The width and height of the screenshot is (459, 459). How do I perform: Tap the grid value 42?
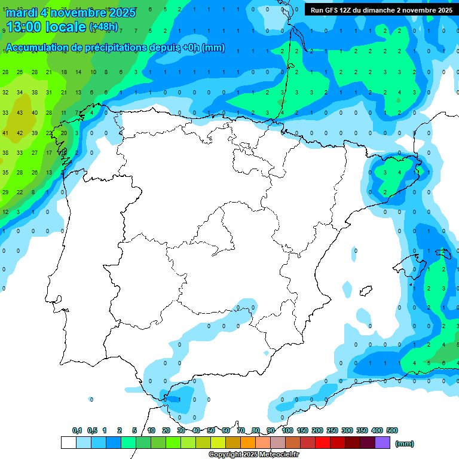point(20,133)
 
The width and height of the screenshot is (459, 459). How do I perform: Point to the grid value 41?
point(5,133)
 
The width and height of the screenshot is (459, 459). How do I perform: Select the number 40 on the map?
point(35,113)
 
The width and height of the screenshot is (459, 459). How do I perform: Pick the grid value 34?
point(20,93)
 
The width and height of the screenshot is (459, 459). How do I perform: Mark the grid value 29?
point(5,192)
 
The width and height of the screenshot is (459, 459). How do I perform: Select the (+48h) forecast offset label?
point(103,26)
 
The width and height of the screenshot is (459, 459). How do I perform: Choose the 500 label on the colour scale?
point(392,430)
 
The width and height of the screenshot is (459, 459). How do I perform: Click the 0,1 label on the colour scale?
point(77,430)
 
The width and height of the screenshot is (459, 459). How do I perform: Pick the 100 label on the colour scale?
point(287,430)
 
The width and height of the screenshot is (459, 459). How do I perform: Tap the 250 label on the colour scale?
point(332,430)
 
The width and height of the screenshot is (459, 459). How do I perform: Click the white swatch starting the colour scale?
point(68,443)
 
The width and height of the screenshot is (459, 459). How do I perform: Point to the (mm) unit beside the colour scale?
point(405,443)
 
